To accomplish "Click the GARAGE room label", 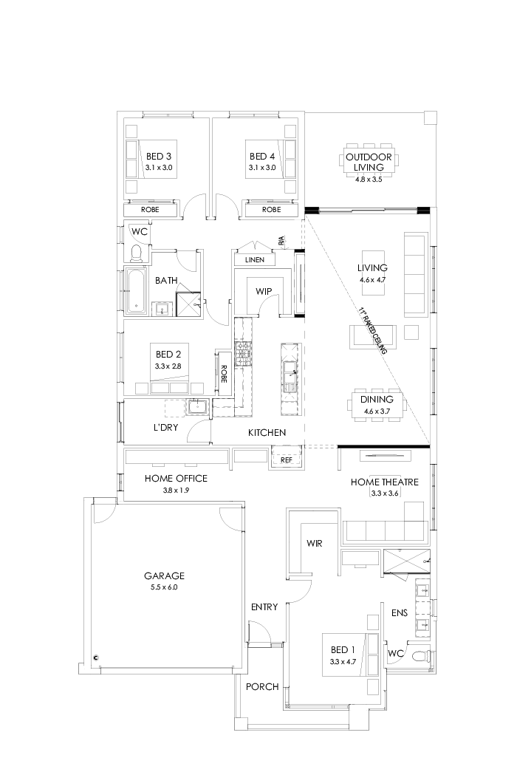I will (x=164, y=575).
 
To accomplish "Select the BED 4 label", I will (x=262, y=157).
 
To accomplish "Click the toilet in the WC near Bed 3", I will (x=136, y=253).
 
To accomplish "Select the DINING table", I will (x=377, y=405).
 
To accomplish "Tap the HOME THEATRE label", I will (x=384, y=482).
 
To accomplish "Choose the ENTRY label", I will (x=264, y=607).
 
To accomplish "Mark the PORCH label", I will (x=262, y=686).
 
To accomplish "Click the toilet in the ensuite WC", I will (x=420, y=655).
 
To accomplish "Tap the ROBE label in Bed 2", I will (x=223, y=376).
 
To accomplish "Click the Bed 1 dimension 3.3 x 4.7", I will (x=343, y=661).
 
